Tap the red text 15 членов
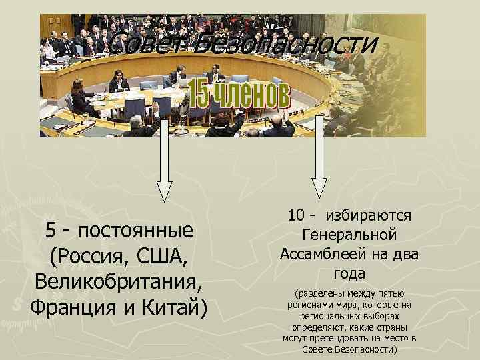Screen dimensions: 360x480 [238, 95]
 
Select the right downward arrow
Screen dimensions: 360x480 [319, 159]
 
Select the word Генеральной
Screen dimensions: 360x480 [349, 235]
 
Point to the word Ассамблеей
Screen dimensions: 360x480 [320, 254]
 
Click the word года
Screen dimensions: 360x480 [349, 273]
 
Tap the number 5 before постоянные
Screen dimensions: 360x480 [51, 231]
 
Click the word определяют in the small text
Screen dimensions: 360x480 [319, 328]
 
